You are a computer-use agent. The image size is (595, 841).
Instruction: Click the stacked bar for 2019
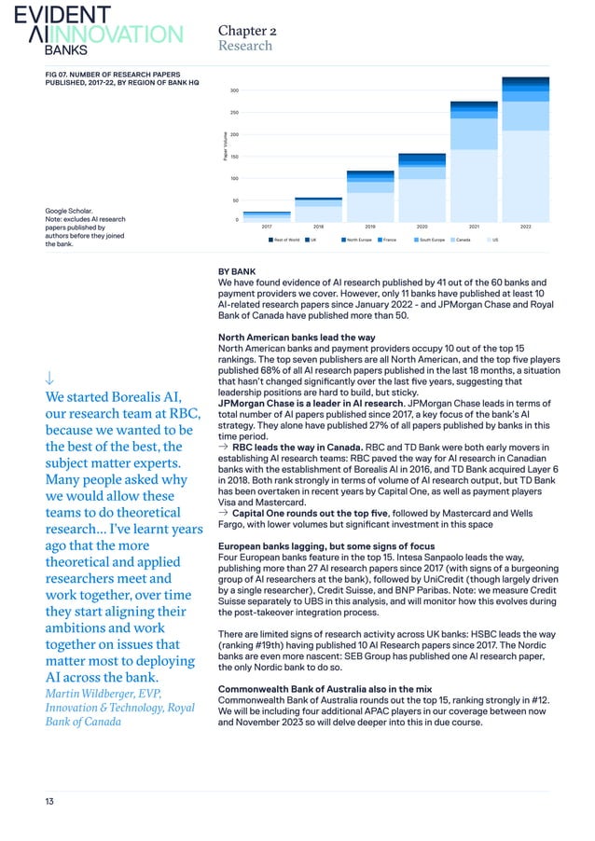point(369,196)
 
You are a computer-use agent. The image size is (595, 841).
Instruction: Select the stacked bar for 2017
point(267,218)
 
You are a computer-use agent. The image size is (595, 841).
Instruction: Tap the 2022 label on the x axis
point(525,227)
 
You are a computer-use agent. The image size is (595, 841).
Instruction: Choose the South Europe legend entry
point(428,240)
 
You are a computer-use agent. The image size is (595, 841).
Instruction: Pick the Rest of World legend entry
point(284,240)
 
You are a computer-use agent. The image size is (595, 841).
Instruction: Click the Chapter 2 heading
point(246,30)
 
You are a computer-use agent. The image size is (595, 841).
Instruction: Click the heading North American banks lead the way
point(297,337)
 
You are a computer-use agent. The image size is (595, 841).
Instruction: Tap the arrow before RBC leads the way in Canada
point(224,446)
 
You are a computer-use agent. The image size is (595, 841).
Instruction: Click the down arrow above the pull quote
point(48,378)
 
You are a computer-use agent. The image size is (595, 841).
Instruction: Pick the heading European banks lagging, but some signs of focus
point(325,546)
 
